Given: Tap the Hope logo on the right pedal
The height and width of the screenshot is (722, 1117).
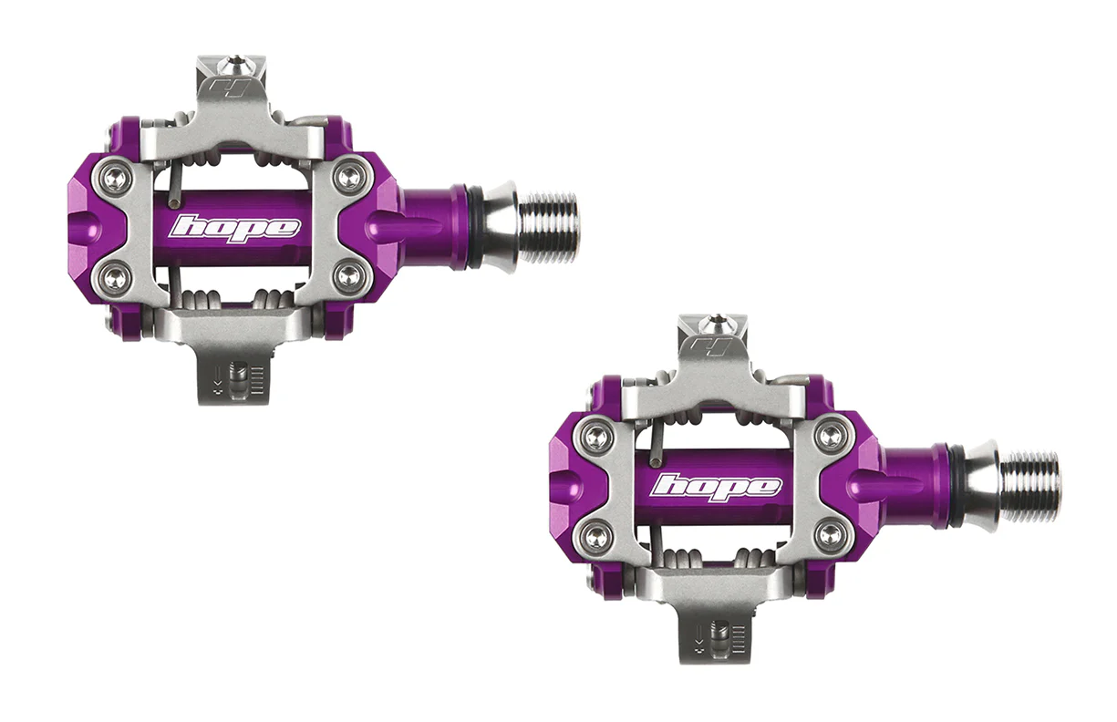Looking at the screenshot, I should pos(716,486).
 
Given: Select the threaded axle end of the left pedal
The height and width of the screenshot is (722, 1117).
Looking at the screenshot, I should pos(550,227).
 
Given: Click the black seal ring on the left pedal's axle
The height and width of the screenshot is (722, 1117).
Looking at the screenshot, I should pos(474,227).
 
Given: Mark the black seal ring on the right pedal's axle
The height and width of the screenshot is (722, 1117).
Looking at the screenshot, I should pos(956,486).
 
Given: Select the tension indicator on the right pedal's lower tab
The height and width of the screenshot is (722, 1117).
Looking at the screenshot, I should pos(720,634).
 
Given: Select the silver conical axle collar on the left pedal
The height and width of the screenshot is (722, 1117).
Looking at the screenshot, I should pos(499,227).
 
